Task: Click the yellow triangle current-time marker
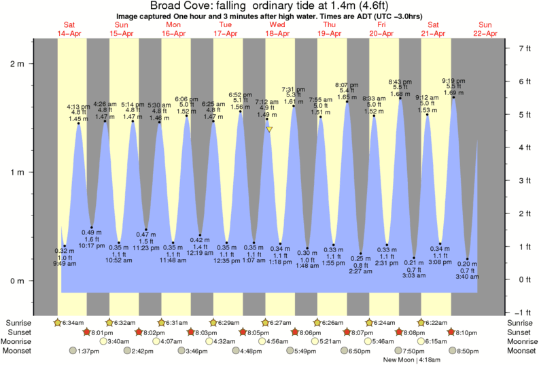[x=270, y=129]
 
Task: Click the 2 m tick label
[x=16, y=64]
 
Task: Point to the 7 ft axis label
[x=524, y=48]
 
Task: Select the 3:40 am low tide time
[x=468, y=277]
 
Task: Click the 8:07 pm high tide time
[x=347, y=84]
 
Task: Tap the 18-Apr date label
[x=277, y=33]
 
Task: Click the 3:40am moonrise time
[x=120, y=341]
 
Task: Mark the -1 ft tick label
[x=523, y=313]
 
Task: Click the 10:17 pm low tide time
[x=91, y=246]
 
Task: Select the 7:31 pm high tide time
[x=294, y=90]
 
